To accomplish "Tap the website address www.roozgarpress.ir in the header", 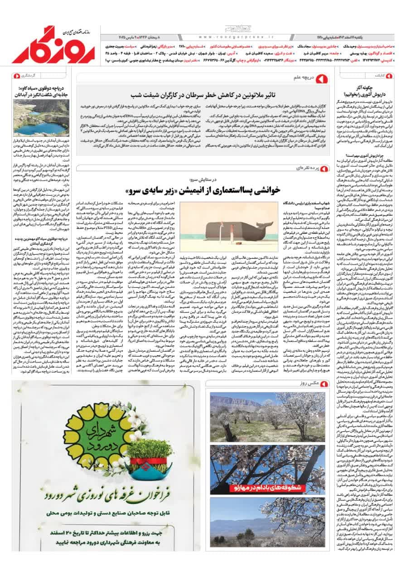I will [x=236, y=38].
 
